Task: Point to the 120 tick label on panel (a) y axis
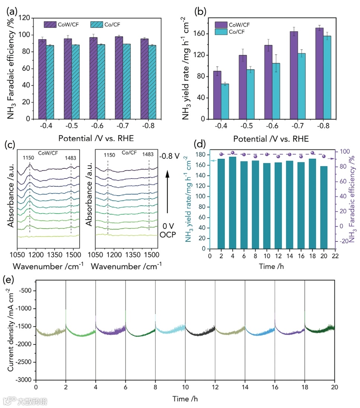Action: coord(24,18)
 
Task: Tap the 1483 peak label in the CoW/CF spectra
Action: coord(71,158)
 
